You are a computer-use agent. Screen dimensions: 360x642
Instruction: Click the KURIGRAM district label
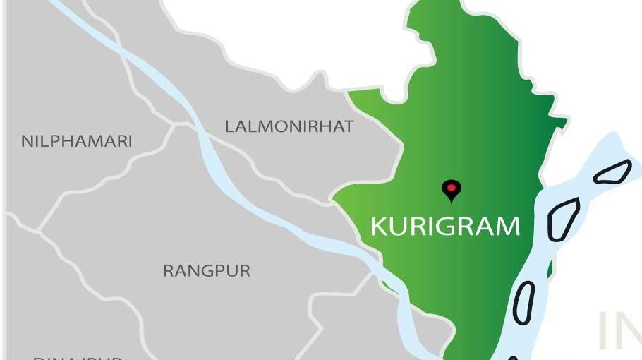tap(445, 227)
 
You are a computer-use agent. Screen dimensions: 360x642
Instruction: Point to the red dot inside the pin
tap(451, 187)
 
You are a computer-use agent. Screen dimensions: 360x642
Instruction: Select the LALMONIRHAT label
tap(289, 127)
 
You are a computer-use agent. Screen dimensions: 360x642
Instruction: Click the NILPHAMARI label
tap(76, 141)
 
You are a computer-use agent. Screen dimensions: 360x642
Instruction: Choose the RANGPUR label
tap(207, 271)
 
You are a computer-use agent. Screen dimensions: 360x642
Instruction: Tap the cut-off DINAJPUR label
tap(78, 357)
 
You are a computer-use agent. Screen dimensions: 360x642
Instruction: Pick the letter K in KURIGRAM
tap(378, 227)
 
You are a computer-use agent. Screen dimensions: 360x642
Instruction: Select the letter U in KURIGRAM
tap(398, 227)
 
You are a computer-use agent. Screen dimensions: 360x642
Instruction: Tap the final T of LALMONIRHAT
tap(349, 127)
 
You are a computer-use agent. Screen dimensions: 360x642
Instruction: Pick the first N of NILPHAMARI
tap(27, 141)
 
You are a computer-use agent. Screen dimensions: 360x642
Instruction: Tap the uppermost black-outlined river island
tap(612, 171)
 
